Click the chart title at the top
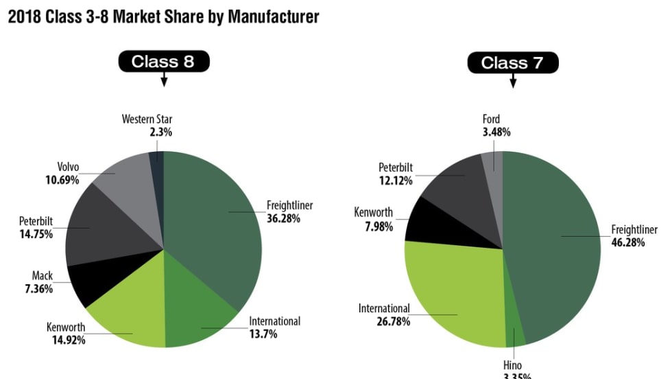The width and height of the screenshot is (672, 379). coord(163,16)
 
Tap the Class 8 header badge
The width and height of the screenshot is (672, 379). coord(163,62)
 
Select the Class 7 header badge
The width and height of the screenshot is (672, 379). coord(513,63)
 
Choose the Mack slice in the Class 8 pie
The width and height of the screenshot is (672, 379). coord(86,282)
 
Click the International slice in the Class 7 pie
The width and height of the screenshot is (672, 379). coord(453,288)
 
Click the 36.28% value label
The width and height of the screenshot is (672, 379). coord(283,218)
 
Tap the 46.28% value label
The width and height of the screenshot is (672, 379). coord(628,242)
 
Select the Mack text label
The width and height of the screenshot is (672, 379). coord(42,277)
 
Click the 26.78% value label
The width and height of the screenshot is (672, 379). coord(384,321)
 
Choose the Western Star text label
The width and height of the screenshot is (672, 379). coord(147,119)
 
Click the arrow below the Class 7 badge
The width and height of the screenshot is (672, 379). coord(513,82)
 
